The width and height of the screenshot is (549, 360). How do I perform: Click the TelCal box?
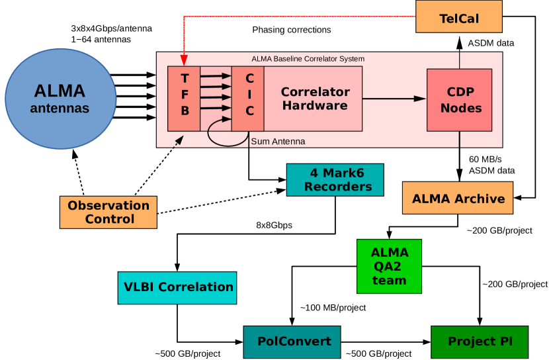point(458,17)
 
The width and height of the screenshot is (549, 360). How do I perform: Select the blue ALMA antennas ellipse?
point(61,99)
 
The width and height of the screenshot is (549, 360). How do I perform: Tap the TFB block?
point(184,99)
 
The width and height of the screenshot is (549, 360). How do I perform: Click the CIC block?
point(248,99)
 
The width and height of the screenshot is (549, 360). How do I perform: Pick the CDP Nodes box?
point(459,100)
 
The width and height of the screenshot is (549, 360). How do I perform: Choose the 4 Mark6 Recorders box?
point(335,179)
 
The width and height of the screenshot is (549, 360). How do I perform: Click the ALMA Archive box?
point(458,198)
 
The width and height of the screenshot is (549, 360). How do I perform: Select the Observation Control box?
point(108,212)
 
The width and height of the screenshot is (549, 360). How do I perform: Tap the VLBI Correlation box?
point(177,288)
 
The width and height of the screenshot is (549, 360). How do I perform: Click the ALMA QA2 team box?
point(389,266)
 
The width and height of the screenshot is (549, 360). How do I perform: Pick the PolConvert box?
point(292,342)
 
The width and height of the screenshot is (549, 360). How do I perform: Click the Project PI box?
point(480,342)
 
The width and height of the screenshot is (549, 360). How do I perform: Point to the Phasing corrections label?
point(291,30)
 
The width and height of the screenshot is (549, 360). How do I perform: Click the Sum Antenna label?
point(278,141)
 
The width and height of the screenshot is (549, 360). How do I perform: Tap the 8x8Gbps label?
point(274,225)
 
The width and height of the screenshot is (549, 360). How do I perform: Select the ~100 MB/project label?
point(333,308)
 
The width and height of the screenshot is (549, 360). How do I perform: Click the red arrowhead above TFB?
point(184,61)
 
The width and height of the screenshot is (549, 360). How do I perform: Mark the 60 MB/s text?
point(486,159)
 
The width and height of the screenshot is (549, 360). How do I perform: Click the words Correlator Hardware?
point(315,99)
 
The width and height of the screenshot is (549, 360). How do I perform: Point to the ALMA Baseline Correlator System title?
point(308,58)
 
